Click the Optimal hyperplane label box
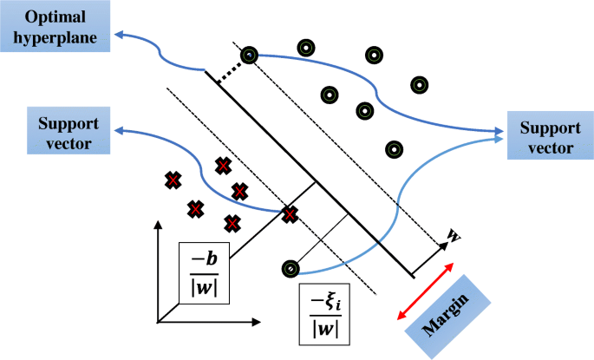(x=54, y=27)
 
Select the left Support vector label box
(x=60, y=130)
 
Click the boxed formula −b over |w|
(x=203, y=272)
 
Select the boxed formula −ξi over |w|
(x=324, y=315)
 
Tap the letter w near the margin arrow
(x=452, y=234)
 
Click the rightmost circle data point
(x=419, y=85)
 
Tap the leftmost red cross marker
(x=173, y=180)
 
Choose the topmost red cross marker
(x=223, y=164)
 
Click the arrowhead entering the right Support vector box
(x=501, y=134)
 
